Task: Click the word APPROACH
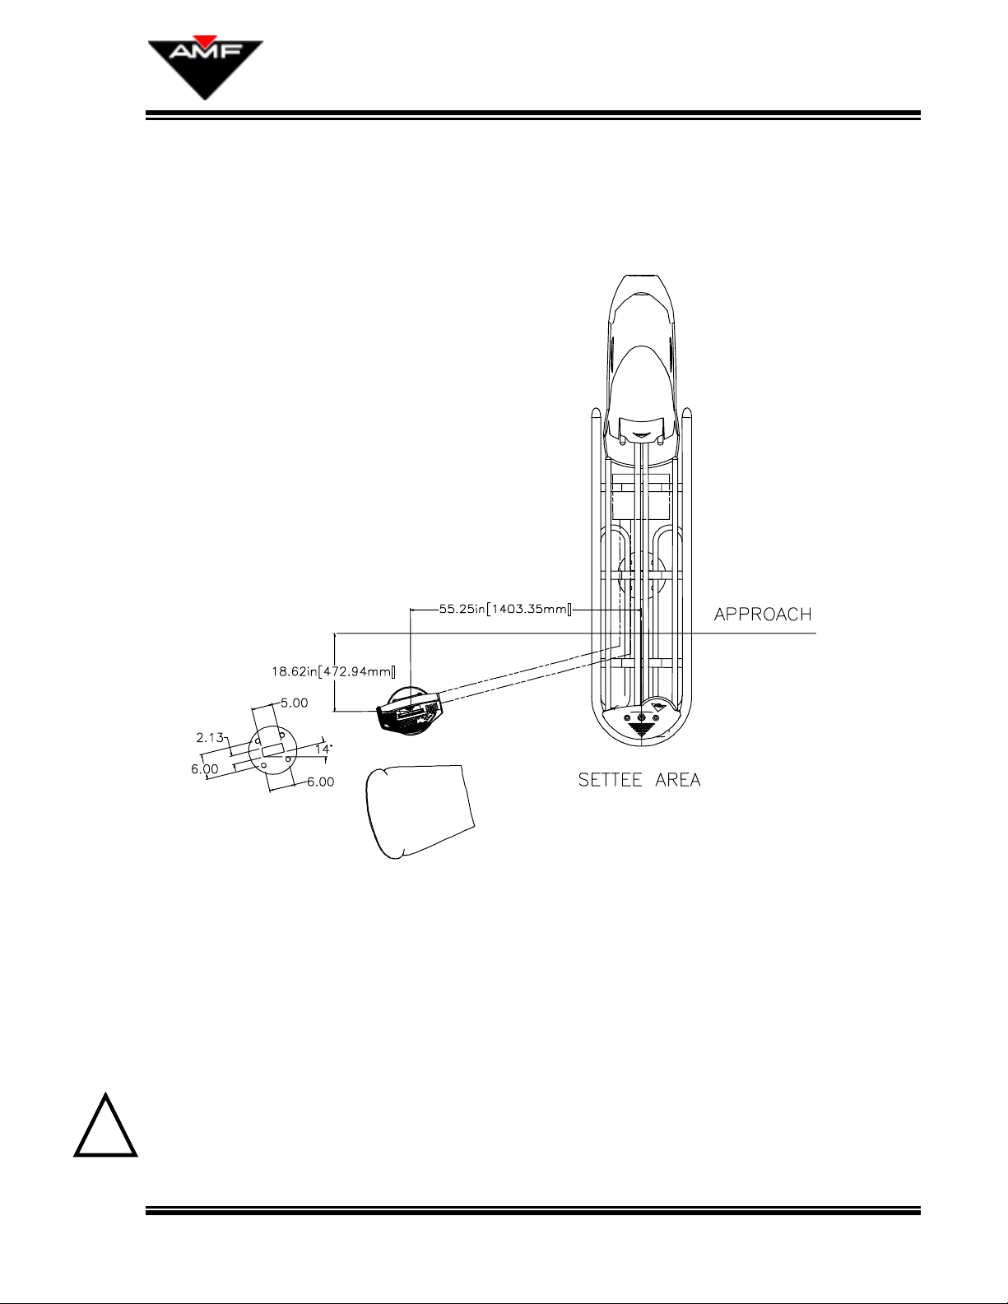[763, 615]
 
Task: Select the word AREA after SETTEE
[678, 780]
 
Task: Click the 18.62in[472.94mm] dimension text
[333, 671]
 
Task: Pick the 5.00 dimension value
[294, 703]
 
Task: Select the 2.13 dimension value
[210, 737]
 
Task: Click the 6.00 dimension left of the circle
[205, 768]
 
